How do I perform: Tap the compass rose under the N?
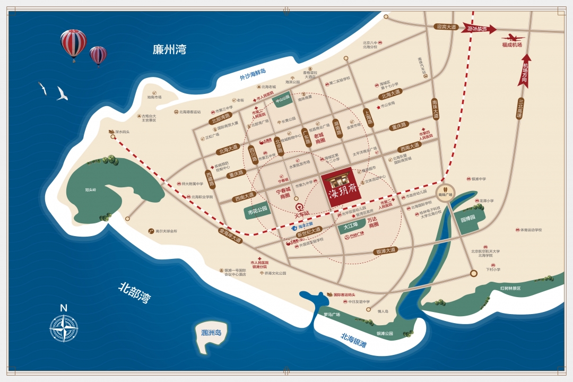pos(64,328)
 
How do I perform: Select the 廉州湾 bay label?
pos(169,50)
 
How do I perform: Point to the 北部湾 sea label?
pos(134,292)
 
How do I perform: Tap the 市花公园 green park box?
pos(258,211)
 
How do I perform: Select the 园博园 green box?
pos(467,219)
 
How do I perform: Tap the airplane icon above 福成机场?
pos(513,37)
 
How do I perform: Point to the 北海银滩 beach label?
pos(353,339)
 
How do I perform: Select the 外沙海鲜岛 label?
pos(253,74)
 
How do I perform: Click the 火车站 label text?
pos(303,213)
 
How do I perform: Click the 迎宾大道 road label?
pos(446,26)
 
